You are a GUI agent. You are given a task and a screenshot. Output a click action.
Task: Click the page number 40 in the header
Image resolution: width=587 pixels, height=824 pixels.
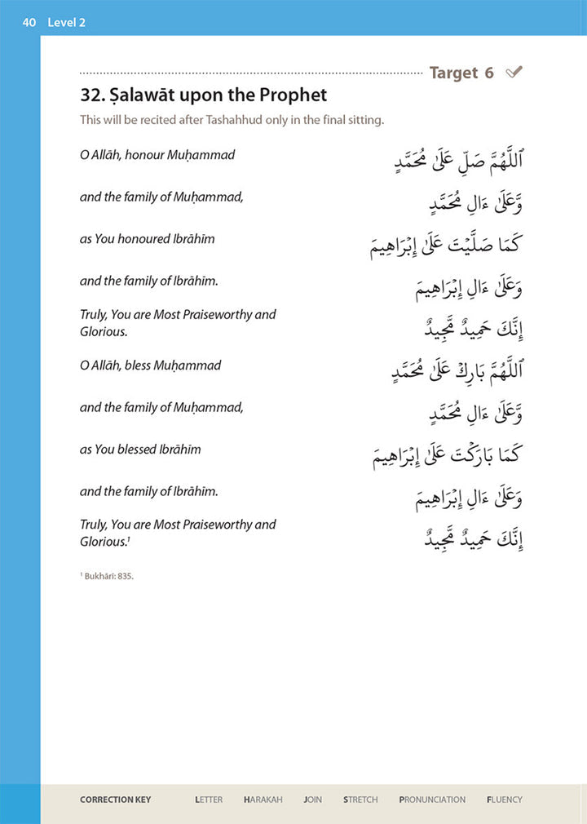(x=29, y=22)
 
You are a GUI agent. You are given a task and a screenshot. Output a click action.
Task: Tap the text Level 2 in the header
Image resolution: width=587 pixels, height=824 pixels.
(x=66, y=22)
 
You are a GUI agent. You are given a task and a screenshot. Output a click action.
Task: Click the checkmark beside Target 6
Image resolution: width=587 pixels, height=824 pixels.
(x=514, y=73)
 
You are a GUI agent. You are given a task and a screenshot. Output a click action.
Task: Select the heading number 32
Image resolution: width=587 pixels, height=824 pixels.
(x=93, y=95)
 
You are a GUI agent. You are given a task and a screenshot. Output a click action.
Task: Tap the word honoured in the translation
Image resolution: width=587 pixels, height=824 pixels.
(x=155, y=239)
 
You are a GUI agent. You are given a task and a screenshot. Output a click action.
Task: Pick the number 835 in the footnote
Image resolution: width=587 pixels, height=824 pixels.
(x=125, y=576)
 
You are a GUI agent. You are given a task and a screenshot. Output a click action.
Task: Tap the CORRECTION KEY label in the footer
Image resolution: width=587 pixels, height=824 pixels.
(x=115, y=800)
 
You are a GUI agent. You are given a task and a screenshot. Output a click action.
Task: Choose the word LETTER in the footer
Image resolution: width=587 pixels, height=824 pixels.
(x=209, y=800)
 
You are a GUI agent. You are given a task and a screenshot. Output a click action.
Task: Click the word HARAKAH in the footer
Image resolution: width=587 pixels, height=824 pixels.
(x=263, y=800)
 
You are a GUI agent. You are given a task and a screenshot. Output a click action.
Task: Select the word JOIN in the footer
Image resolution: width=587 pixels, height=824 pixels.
(x=312, y=800)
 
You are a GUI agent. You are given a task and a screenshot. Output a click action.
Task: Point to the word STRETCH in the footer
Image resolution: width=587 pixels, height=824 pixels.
(x=360, y=800)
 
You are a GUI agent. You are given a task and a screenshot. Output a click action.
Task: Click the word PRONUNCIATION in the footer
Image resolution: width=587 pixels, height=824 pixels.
(x=432, y=800)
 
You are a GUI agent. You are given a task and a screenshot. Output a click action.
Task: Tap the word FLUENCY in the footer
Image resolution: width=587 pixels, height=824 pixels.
(x=505, y=800)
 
